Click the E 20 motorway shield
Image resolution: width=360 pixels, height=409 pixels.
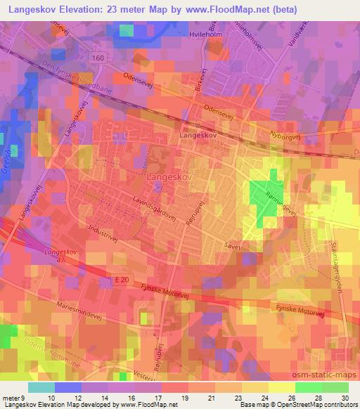(123, 280)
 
